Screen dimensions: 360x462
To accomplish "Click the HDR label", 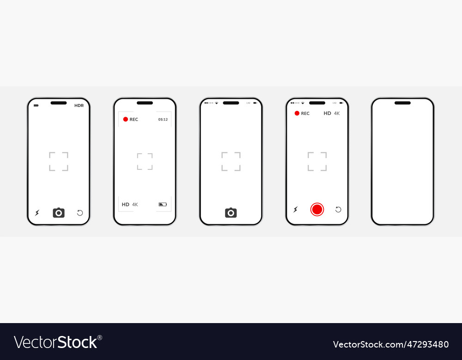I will (x=79, y=106).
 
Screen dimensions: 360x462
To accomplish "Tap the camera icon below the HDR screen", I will (x=59, y=212).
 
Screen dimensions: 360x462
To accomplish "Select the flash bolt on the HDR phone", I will (x=37, y=213).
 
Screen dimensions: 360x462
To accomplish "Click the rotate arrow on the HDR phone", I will (x=80, y=213).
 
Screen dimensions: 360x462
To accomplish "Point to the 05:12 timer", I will (x=163, y=120).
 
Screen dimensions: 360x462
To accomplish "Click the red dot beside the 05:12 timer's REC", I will (x=125, y=120).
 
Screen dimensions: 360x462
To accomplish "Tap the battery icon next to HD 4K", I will (x=163, y=204).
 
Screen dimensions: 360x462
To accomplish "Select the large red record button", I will (x=317, y=210).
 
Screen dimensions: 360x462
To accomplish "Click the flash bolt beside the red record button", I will (x=296, y=210).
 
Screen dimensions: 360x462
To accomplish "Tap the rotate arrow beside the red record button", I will (x=338, y=210).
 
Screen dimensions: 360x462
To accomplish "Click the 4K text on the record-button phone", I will (x=337, y=114).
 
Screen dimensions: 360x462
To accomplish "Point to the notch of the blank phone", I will (x=402, y=103).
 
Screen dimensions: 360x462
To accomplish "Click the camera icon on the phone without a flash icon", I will (x=231, y=212).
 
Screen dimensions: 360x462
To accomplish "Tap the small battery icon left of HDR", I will (x=36, y=106).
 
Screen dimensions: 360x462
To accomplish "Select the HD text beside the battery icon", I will (x=126, y=204).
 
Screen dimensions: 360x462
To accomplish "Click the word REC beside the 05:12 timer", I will (x=134, y=120).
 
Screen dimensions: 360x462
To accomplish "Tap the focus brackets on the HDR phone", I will (x=59, y=162).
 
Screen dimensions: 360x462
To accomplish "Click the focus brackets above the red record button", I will (x=317, y=162).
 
